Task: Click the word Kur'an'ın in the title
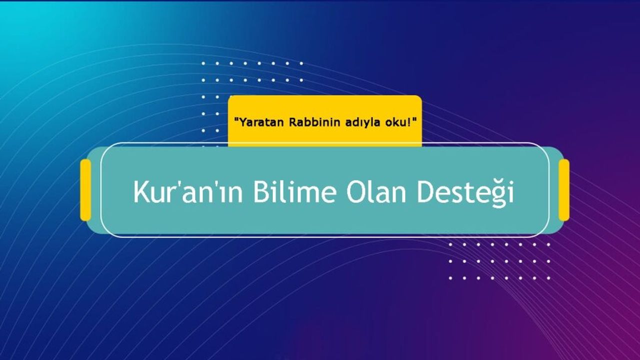point(187,191)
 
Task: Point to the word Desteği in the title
point(465,193)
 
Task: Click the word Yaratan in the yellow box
point(262,122)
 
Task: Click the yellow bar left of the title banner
point(85,190)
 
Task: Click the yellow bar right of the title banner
point(564,190)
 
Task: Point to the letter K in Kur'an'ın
point(140,191)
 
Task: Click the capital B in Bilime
point(260,191)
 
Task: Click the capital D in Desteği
point(425,191)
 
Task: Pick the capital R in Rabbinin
point(292,122)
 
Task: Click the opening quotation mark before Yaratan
point(236,119)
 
